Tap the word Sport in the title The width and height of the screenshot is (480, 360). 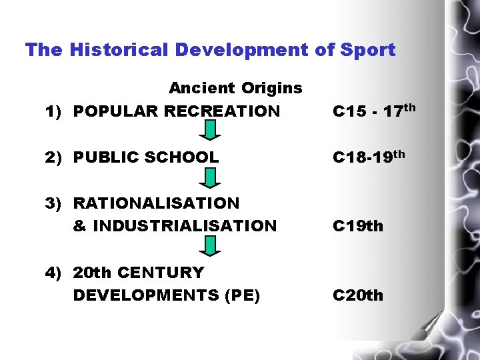[x=367, y=50]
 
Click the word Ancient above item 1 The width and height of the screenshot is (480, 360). [x=201, y=88]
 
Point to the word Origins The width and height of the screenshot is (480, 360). [x=272, y=88]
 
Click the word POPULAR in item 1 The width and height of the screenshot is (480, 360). [x=114, y=111]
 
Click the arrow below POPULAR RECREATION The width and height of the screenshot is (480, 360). [x=210, y=130]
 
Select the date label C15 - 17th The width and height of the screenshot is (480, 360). [x=374, y=110]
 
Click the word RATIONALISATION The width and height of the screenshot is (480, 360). [x=156, y=203]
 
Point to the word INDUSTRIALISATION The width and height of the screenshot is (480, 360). [x=185, y=226]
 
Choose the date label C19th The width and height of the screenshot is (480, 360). [x=358, y=227]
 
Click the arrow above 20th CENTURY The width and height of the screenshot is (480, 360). [x=210, y=247]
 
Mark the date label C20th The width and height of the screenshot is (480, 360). [x=358, y=295]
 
